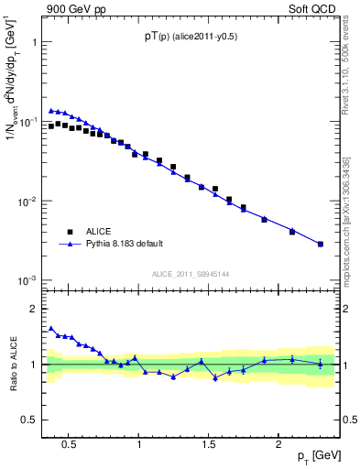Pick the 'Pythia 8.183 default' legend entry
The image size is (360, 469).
pos(125,244)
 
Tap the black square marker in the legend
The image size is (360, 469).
pos(70,231)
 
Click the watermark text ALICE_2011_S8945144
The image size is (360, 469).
pos(190,273)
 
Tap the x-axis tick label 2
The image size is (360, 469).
pos(278,444)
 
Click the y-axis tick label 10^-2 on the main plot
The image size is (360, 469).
pos(29,201)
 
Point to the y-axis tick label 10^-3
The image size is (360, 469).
pos(29,280)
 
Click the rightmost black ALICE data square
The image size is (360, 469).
pos(320,244)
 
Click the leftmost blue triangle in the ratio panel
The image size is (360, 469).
pos(51,328)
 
